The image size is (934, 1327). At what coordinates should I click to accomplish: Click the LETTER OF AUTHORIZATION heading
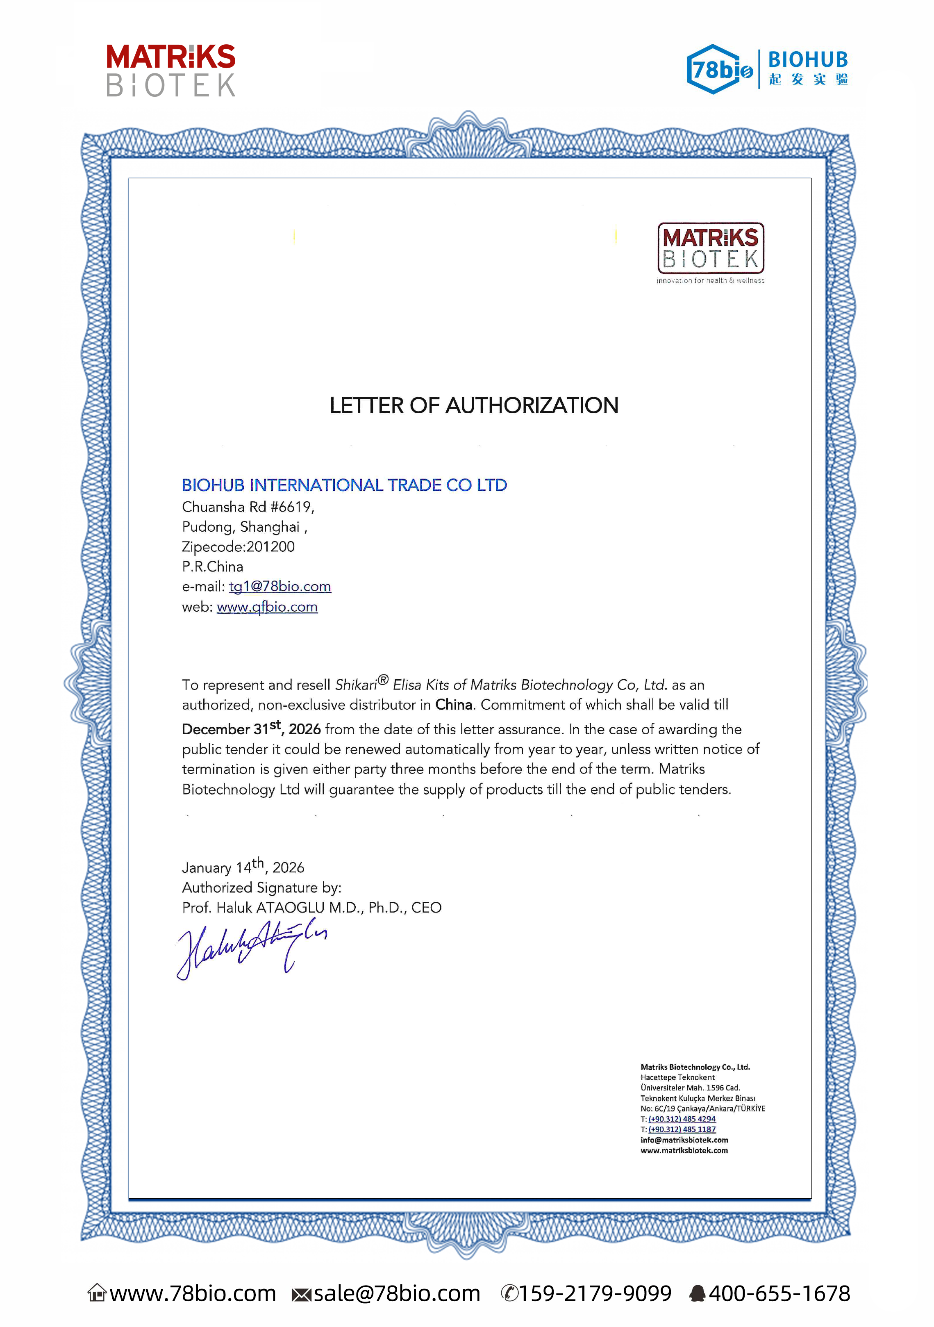[473, 406]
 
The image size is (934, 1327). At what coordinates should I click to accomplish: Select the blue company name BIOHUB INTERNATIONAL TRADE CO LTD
[345, 485]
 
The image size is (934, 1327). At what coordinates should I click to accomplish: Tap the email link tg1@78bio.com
[280, 587]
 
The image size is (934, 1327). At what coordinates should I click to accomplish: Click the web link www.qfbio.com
[267, 607]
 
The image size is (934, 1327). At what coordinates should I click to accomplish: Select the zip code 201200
[270, 547]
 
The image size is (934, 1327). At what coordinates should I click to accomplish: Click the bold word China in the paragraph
[454, 705]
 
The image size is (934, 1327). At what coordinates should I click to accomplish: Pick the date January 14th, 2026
[243, 867]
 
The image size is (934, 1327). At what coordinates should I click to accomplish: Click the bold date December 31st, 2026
[251, 729]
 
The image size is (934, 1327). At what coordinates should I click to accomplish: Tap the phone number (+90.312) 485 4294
[682, 1119]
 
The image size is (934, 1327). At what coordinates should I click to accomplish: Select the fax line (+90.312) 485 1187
[682, 1129]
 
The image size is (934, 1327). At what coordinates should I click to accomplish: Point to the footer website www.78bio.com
[193, 1293]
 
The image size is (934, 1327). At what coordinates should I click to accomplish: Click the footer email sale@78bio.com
[396, 1293]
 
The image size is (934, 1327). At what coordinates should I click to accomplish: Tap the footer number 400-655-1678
[779, 1293]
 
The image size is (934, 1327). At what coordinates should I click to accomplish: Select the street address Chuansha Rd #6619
[248, 507]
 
